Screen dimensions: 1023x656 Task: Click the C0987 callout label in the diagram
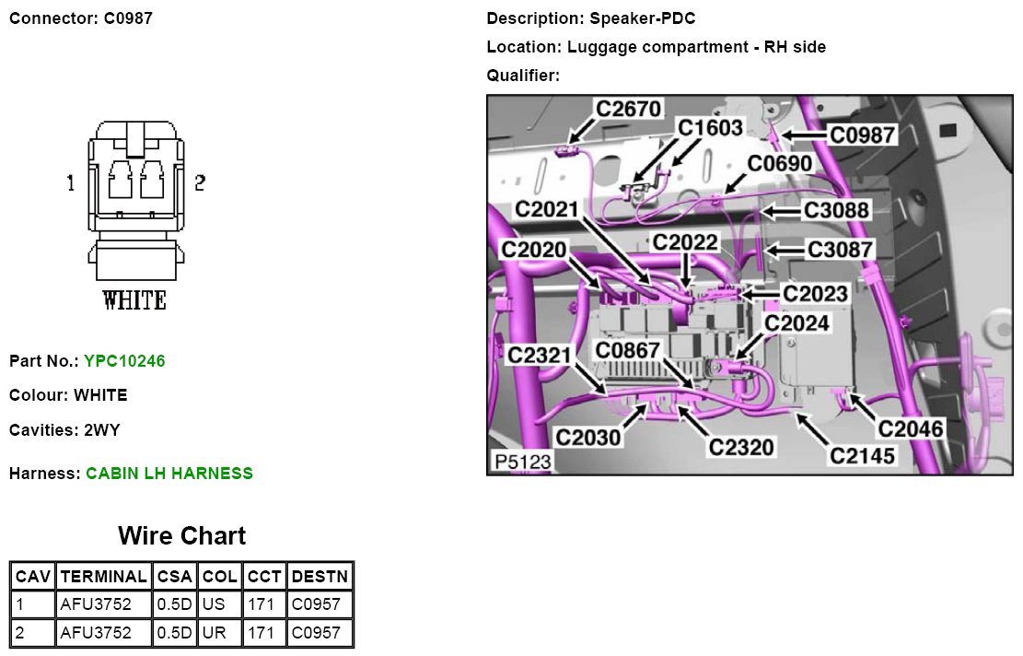pos(862,135)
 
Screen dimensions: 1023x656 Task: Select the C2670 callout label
pos(628,109)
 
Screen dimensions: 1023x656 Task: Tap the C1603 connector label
pos(709,128)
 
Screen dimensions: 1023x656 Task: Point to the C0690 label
pos(779,163)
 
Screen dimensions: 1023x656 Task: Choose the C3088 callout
pos(835,210)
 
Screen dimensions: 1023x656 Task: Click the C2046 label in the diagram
pos(910,428)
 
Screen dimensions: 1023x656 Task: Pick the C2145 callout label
pos(862,454)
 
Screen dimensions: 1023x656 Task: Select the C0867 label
pos(627,350)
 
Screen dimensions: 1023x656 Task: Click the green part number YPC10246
pos(124,361)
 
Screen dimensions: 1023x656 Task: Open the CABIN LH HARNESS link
pos(169,474)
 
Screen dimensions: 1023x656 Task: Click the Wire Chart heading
pos(181,535)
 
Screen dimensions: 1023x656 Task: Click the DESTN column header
pos(320,577)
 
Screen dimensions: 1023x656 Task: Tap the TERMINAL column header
pos(102,577)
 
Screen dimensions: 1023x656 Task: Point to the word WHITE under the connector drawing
pos(134,300)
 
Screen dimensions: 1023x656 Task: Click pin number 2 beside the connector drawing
pos(199,183)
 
